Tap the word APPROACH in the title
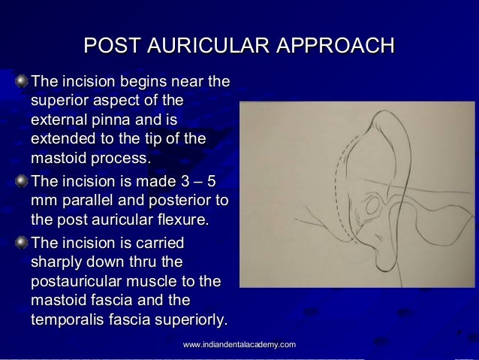click(336, 46)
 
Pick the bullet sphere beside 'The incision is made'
click(25, 182)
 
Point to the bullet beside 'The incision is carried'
click(25, 244)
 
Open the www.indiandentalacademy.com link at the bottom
click(239, 344)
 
